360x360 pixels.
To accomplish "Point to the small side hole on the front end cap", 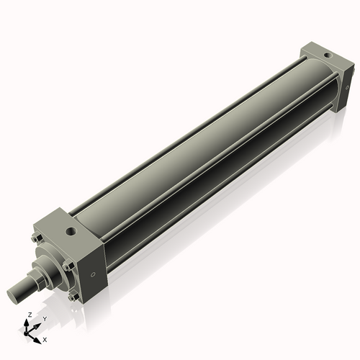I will [x=92, y=275].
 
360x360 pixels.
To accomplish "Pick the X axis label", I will [x=45, y=338].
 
